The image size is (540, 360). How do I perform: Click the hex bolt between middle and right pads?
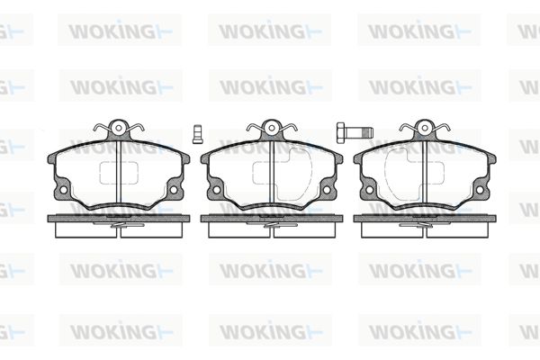(355, 132)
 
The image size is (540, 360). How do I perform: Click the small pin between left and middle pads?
(197, 134)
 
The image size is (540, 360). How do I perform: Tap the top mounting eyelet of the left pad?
(119, 128)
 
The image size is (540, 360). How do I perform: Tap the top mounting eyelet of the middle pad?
(272, 128)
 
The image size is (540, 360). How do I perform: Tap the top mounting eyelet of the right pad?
(425, 128)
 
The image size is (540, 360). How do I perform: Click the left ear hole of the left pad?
(63, 190)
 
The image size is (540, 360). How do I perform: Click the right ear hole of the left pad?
(174, 190)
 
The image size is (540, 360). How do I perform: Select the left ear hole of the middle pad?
(217, 190)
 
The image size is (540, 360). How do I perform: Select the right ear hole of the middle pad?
(327, 190)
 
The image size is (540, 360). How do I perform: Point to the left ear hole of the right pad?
(370, 190)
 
